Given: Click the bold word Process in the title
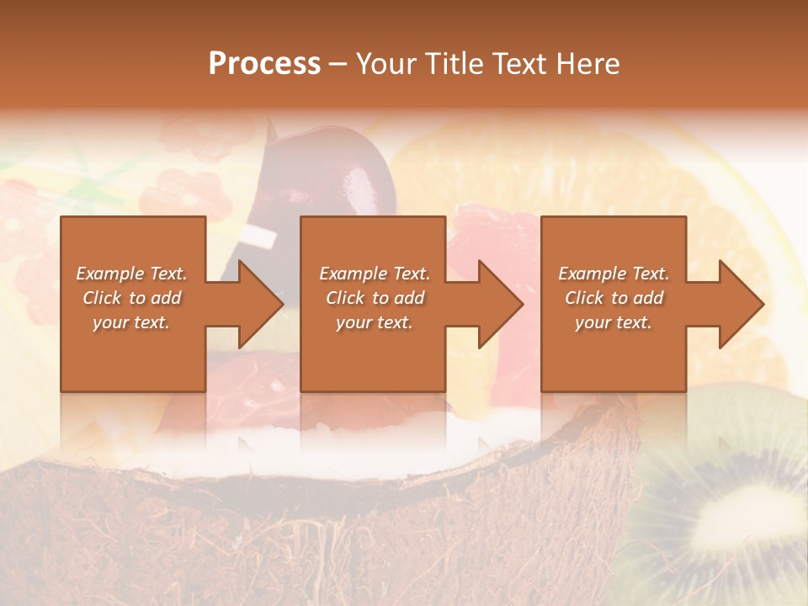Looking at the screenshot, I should point(264,64).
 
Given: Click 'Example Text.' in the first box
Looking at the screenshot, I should point(131,274).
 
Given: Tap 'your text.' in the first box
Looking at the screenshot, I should point(131,322).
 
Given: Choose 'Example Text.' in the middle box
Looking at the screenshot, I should point(375,274).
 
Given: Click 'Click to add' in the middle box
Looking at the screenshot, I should point(375,298).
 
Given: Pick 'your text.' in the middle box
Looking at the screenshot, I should point(375,322).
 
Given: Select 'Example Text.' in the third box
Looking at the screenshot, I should point(614,274).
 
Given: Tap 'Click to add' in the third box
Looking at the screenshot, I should point(614,298).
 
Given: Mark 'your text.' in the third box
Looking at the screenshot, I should point(614,322).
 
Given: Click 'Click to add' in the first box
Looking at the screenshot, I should point(131,298).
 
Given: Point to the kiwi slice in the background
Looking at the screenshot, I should point(741,505).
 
